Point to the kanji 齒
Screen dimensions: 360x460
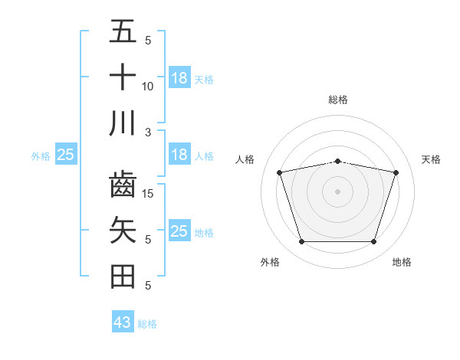tap(123, 186)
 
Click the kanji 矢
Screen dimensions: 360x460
tap(123, 231)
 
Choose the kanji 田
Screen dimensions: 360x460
tap(123, 277)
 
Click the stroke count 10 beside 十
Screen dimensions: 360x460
tap(148, 87)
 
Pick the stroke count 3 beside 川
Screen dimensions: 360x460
tap(148, 132)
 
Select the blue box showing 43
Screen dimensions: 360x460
tap(123, 322)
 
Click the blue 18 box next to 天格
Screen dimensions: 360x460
tap(179, 77)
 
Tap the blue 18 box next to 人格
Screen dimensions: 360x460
tap(179, 155)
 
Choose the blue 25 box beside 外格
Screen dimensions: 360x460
tap(66, 155)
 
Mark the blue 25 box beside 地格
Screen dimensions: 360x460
tap(179, 231)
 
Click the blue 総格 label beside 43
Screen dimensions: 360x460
tap(147, 324)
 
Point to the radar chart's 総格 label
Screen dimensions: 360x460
tap(337, 100)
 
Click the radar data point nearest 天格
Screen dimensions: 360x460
tap(396, 172)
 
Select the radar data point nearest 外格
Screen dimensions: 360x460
tap(301, 242)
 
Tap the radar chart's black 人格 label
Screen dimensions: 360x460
tap(245, 159)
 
